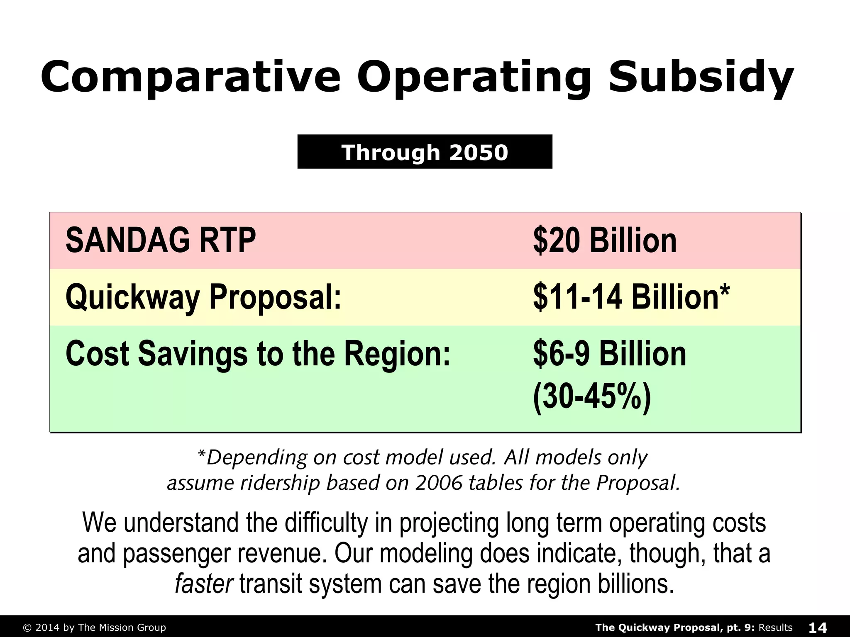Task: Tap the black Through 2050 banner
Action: pyautogui.click(x=425, y=152)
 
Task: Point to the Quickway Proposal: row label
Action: pyautogui.click(x=203, y=297)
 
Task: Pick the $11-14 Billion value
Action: pyautogui.click(x=626, y=297)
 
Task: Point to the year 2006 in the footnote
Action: pyautogui.click(x=439, y=483)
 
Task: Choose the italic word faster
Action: pyautogui.click(x=204, y=584)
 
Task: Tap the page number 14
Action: pyautogui.click(x=818, y=627)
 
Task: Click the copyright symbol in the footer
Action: pyautogui.click(x=27, y=628)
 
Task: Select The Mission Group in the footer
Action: pyautogui.click(x=122, y=628)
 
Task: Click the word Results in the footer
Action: pyautogui.click(x=775, y=627)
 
